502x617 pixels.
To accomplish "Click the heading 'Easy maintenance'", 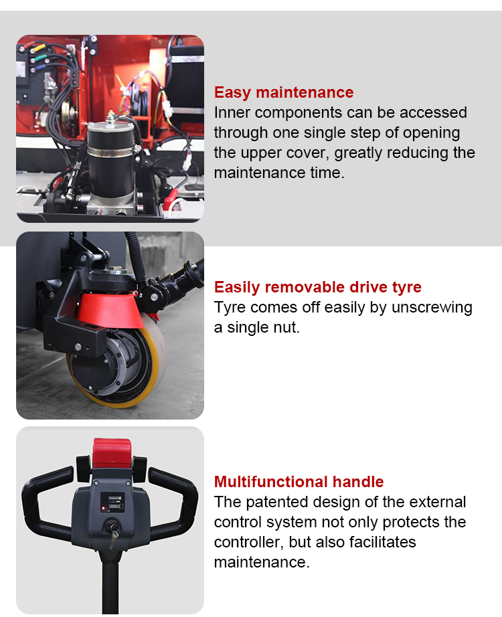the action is click(284, 92).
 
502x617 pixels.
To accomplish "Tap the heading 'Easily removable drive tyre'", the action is click(318, 287).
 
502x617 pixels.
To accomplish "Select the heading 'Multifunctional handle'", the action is click(299, 482).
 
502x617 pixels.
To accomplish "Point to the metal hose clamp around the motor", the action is click(113, 151).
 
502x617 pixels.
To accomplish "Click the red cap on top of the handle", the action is click(112, 452).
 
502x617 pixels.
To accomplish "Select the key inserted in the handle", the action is click(113, 533).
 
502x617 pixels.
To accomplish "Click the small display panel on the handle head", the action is click(113, 502).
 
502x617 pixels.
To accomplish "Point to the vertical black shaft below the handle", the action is click(110, 582).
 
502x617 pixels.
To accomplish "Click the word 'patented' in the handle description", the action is click(278, 502).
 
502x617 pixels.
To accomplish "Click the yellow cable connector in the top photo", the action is click(39, 48).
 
